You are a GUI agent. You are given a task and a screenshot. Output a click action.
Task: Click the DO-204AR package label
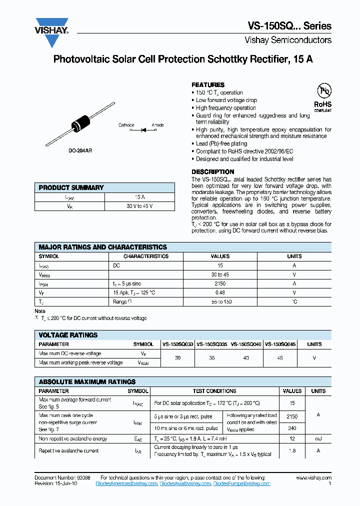tap(79, 149)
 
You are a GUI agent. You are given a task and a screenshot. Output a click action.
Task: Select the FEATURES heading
tap(208, 85)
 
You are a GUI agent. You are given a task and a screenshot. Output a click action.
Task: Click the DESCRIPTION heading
tap(213, 171)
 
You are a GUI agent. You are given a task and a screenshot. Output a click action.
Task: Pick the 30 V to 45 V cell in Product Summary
tap(139, 206)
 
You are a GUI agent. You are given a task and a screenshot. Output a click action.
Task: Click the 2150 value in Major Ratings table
tap(220, 283)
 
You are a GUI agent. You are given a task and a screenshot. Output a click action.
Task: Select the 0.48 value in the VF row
tap(220, 292)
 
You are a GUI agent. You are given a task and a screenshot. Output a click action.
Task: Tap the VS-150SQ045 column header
tap(280, 344)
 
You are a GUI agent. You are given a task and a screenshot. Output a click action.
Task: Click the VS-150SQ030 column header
tap(177, 344)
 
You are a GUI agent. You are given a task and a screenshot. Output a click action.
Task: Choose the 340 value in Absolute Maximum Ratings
tap(292, 428)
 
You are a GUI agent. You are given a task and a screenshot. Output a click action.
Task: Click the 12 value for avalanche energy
tap(292, 438)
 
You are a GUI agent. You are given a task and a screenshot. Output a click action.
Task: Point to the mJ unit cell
tap(318, 438)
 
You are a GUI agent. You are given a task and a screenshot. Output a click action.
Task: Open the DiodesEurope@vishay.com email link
tap(241, 483)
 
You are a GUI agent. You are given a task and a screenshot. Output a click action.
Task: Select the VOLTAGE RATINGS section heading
tap(68, 335)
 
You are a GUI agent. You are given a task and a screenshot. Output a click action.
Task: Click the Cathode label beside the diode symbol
tap(126, 125)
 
